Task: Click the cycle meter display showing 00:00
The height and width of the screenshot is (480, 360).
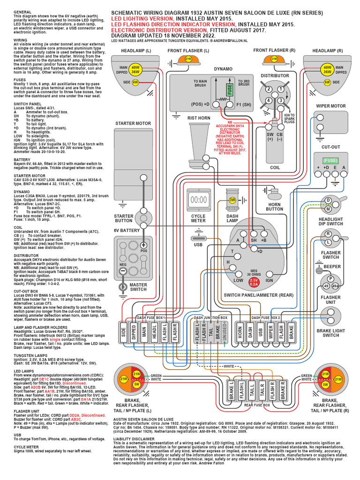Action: (x=198, y=199)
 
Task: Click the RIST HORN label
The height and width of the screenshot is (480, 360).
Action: (x=199, y=118)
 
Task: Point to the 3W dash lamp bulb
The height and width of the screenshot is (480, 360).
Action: (x=232, y=199)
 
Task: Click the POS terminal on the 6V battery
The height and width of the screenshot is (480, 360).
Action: (x=144, y=245)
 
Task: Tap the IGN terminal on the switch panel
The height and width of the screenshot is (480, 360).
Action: (x=269, y=280)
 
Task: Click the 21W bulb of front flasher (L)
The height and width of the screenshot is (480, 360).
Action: (x=188, y=59)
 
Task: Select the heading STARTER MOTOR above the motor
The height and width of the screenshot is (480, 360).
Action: (x=133, y=124)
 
